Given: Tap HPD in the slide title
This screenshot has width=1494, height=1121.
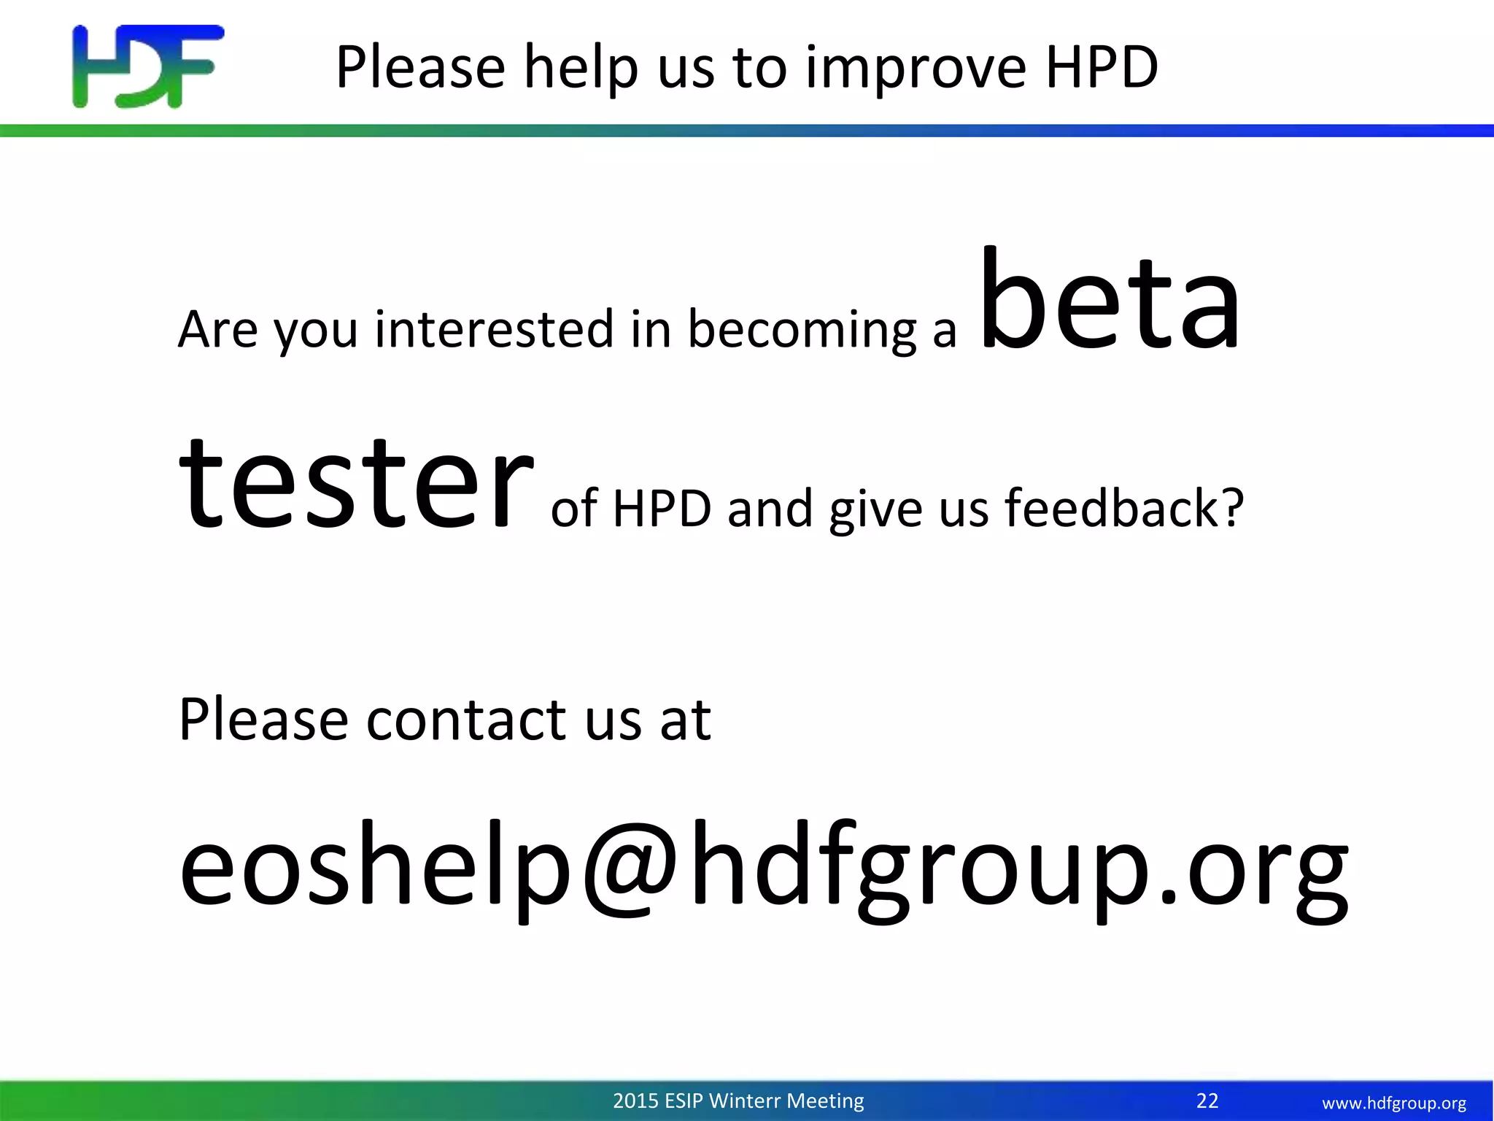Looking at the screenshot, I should (x=1102, y=66).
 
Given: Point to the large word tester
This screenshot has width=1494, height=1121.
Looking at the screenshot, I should (x=356, y=482).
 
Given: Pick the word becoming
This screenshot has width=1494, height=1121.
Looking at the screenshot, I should (x=802, y=331).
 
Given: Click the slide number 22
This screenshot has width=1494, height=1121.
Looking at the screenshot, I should (x=1207, y=1101).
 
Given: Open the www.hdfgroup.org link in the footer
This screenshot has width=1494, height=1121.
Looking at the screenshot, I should (x=1394, y=1103).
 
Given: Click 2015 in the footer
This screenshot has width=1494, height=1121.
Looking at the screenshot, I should (x=635, y=1101).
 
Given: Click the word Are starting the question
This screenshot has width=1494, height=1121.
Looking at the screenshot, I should (x=217, y=329).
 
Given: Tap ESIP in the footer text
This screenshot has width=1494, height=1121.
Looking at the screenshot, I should (x=684, y=1101).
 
